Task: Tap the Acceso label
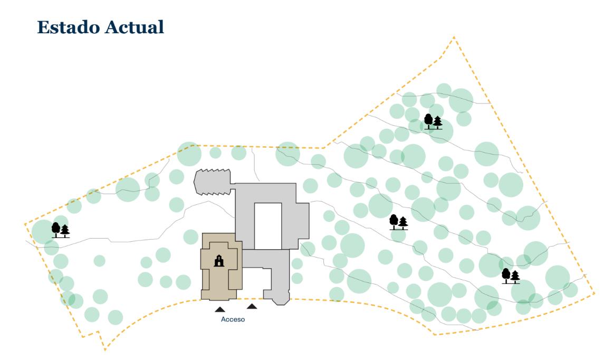[x=233, y=319]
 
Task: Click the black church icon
[x=218, y=260]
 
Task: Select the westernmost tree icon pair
[x=60, y=231]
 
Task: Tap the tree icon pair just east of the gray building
[x=398, y=223]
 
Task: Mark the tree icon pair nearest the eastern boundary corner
[x=511, y=277]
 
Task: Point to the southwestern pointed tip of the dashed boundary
[x=105, y=349]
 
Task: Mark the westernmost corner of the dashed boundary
[x=25, y=224]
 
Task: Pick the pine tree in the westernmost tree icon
[x=65, y=231]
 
